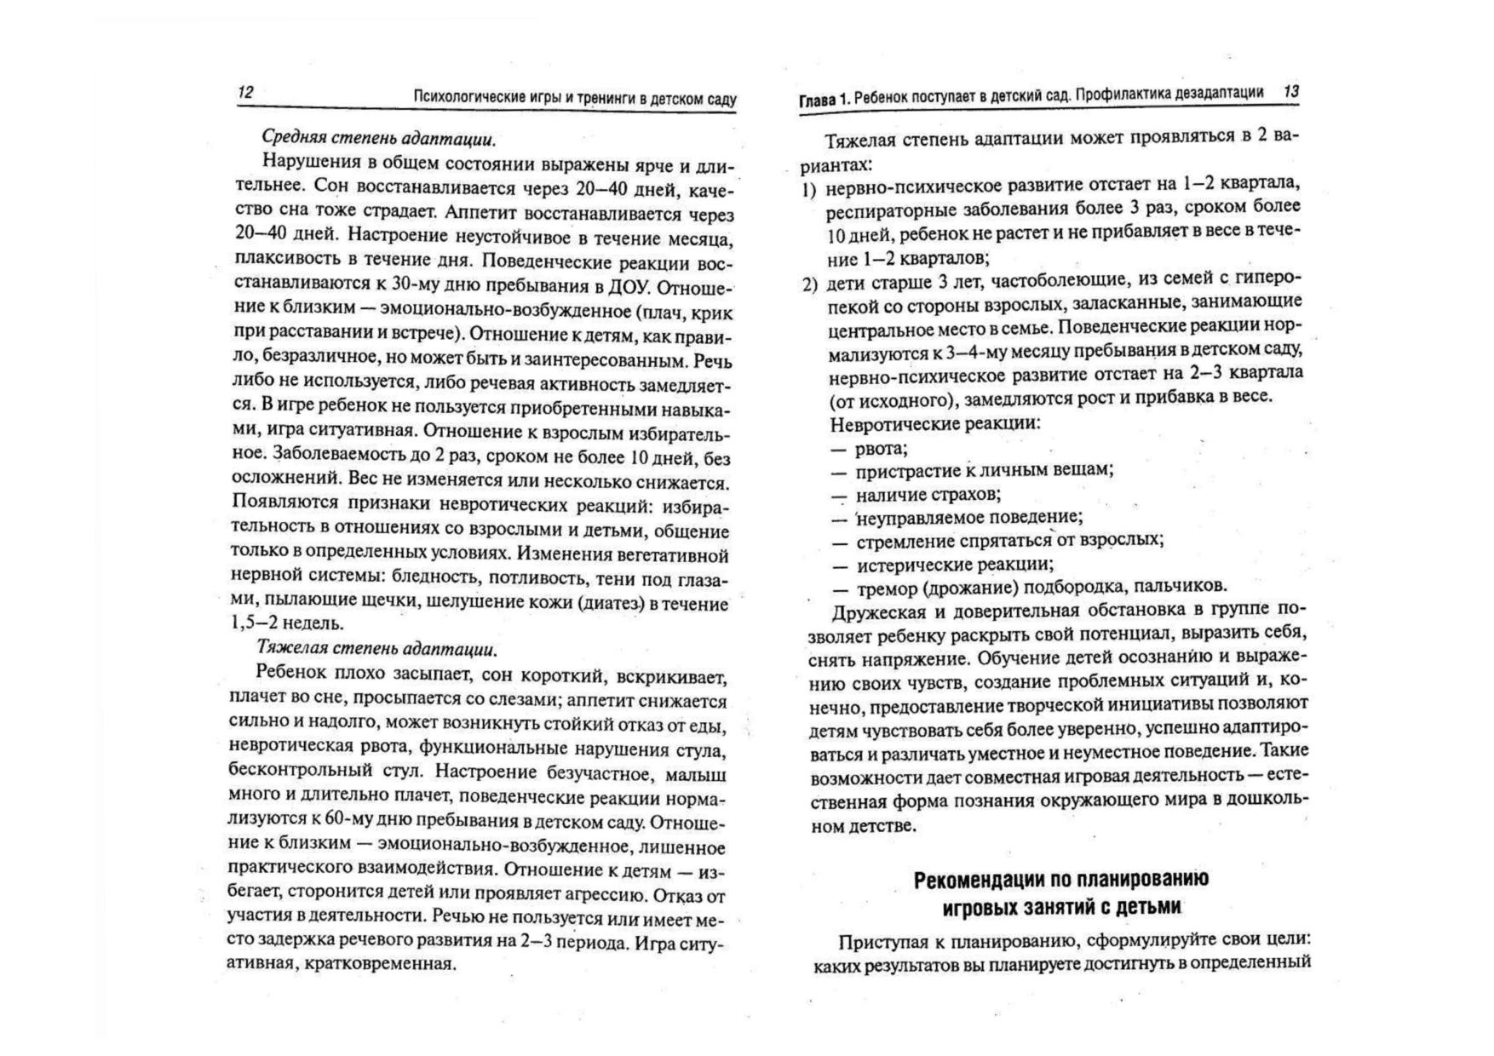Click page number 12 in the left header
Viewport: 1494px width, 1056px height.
(245, 93)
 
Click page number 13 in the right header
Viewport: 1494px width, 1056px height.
(1290, 91)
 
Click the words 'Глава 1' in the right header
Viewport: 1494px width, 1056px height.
(823, 100)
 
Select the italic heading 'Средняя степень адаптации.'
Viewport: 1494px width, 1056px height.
(378, 138)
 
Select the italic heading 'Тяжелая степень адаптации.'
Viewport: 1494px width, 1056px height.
(376, 649)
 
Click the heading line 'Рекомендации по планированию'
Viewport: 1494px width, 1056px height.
(1060, 880)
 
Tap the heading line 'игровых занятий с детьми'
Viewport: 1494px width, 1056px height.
(1061, 907)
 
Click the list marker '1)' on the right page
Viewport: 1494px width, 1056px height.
(809, 188)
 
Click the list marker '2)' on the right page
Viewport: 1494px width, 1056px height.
(809, 284)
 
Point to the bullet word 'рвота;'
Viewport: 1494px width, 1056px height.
(882, 448)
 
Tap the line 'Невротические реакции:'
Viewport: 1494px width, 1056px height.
(934, 423)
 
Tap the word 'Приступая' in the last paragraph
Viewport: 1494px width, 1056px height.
(881, 942)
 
